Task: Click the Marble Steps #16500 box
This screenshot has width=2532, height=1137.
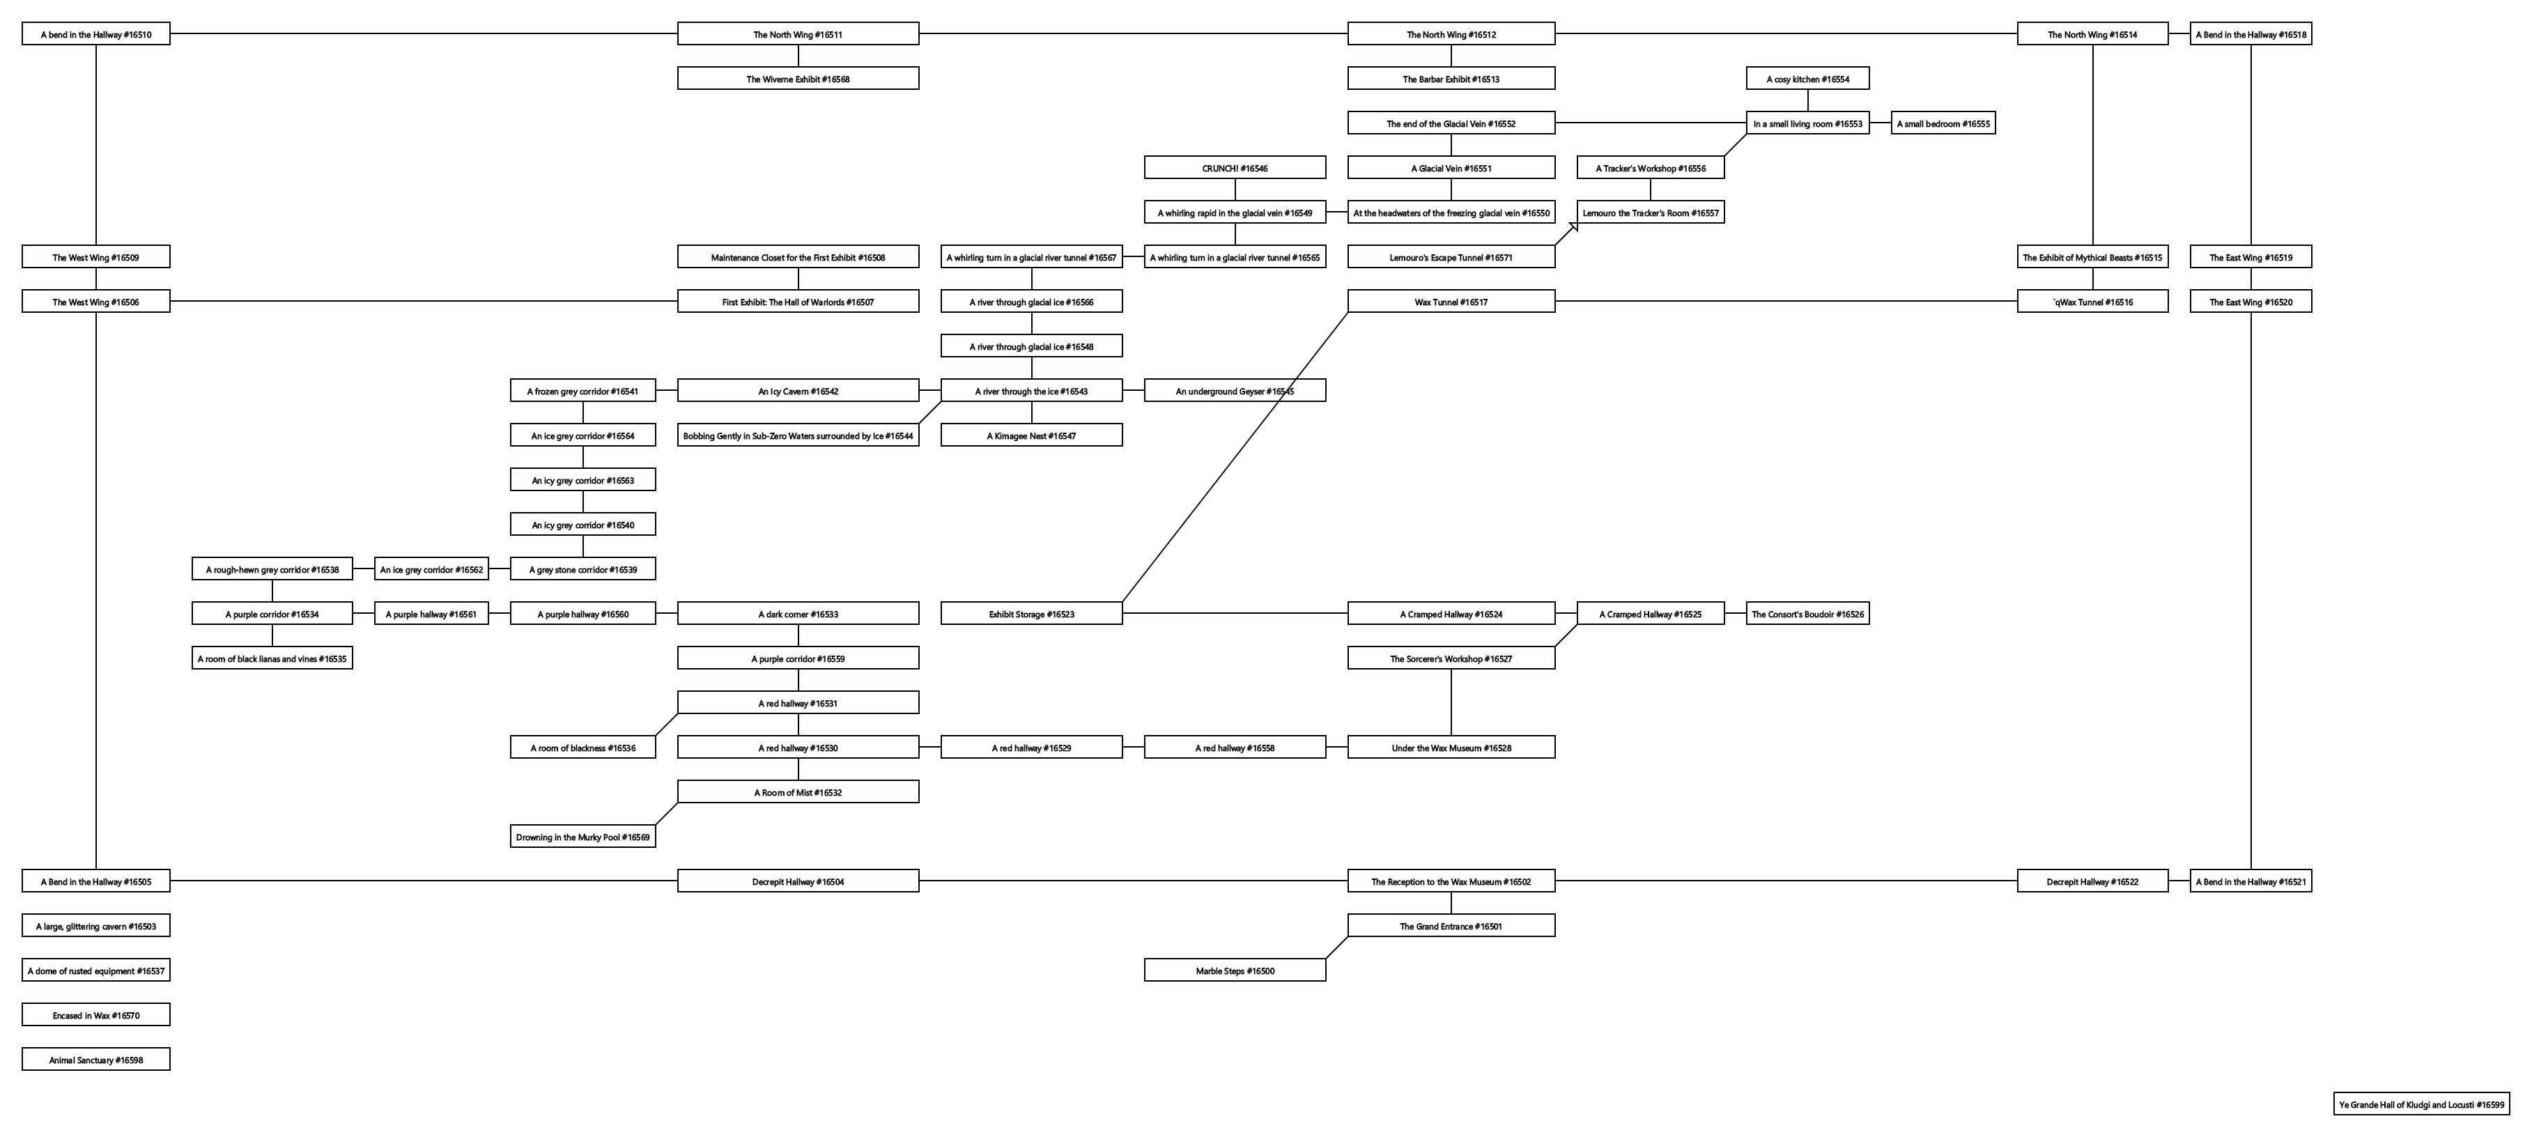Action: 1235,971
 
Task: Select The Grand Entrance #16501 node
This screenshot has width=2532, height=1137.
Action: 1451,926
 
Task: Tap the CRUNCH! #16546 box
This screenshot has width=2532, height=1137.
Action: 1235,168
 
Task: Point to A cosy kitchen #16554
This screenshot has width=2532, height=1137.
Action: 1807,79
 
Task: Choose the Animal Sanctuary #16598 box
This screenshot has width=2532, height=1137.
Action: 95,1060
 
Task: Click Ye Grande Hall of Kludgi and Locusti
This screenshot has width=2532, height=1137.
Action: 2421,1104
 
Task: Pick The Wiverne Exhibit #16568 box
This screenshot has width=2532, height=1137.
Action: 797,79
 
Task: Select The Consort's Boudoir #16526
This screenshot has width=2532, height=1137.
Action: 1807,614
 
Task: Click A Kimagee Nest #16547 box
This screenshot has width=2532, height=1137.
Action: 1031,435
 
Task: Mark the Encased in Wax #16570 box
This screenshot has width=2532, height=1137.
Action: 95,1015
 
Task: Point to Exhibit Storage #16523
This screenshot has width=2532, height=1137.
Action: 1031,614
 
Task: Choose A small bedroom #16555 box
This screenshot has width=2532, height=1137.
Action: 1943,124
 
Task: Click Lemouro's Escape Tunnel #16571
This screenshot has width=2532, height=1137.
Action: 1451,258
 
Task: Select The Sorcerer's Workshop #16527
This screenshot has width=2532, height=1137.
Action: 1451,658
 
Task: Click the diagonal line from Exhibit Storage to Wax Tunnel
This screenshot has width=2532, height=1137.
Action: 1235,458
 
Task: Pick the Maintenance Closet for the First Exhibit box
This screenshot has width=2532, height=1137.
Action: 797,258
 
